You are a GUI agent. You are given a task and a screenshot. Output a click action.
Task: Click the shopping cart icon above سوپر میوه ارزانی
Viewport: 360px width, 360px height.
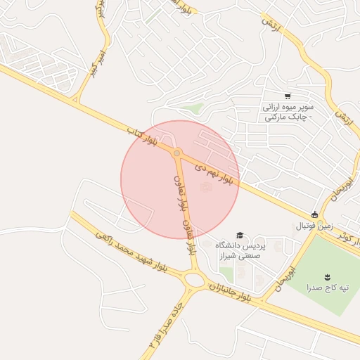click(287, 96)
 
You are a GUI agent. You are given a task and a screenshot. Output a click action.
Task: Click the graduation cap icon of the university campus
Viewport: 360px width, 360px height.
click(240, 235)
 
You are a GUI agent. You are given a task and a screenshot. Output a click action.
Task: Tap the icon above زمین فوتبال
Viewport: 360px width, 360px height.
click(315, 215)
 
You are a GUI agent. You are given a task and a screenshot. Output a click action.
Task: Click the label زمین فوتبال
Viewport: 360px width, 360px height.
click(314, 226)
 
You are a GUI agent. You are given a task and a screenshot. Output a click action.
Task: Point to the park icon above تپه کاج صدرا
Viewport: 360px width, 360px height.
click(327, 276)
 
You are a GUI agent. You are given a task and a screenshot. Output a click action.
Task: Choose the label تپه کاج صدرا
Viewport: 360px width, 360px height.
click(327, 288)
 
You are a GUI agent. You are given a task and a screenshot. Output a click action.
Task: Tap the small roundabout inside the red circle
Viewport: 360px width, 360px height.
click(177, 153)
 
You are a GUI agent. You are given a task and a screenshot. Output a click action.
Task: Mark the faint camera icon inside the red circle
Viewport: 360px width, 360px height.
click(205, 187)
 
